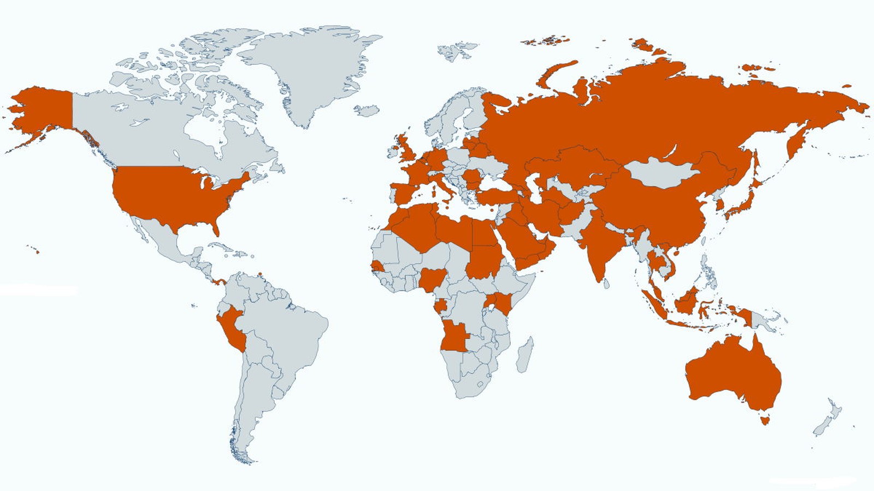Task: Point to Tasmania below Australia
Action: (765, 420)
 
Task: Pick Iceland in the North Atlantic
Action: (367, 110)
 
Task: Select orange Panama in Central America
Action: (220, 282)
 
